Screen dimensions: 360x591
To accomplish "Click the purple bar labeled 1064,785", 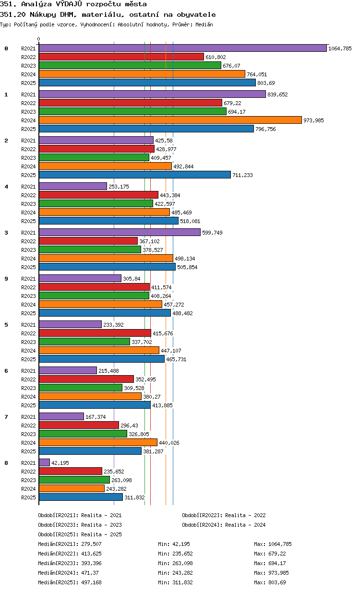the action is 182,48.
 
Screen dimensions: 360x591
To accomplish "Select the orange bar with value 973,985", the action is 170,120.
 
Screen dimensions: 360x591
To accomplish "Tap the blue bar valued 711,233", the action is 135,175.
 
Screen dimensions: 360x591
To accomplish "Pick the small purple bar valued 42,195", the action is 44,462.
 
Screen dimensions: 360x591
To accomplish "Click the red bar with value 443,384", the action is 99,195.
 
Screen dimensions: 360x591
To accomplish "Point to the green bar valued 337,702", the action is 84,342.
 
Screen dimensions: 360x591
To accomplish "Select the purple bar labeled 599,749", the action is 120,233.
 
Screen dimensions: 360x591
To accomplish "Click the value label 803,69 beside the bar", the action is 266,83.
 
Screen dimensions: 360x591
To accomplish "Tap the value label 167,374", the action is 96,417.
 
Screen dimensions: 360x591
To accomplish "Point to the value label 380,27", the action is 152,397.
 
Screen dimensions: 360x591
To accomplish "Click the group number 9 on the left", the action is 6,279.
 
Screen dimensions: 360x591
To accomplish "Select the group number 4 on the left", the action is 6,187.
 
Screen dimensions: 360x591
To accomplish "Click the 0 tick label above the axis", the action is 38,39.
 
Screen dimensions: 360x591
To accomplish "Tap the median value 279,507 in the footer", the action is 91,544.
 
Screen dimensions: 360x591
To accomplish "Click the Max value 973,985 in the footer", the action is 278,573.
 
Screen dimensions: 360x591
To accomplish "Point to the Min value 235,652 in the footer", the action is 182,554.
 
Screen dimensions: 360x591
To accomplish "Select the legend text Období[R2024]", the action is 202,525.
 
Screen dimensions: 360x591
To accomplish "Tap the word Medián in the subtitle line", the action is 204,24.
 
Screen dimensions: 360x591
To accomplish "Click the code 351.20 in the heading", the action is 12,14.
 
